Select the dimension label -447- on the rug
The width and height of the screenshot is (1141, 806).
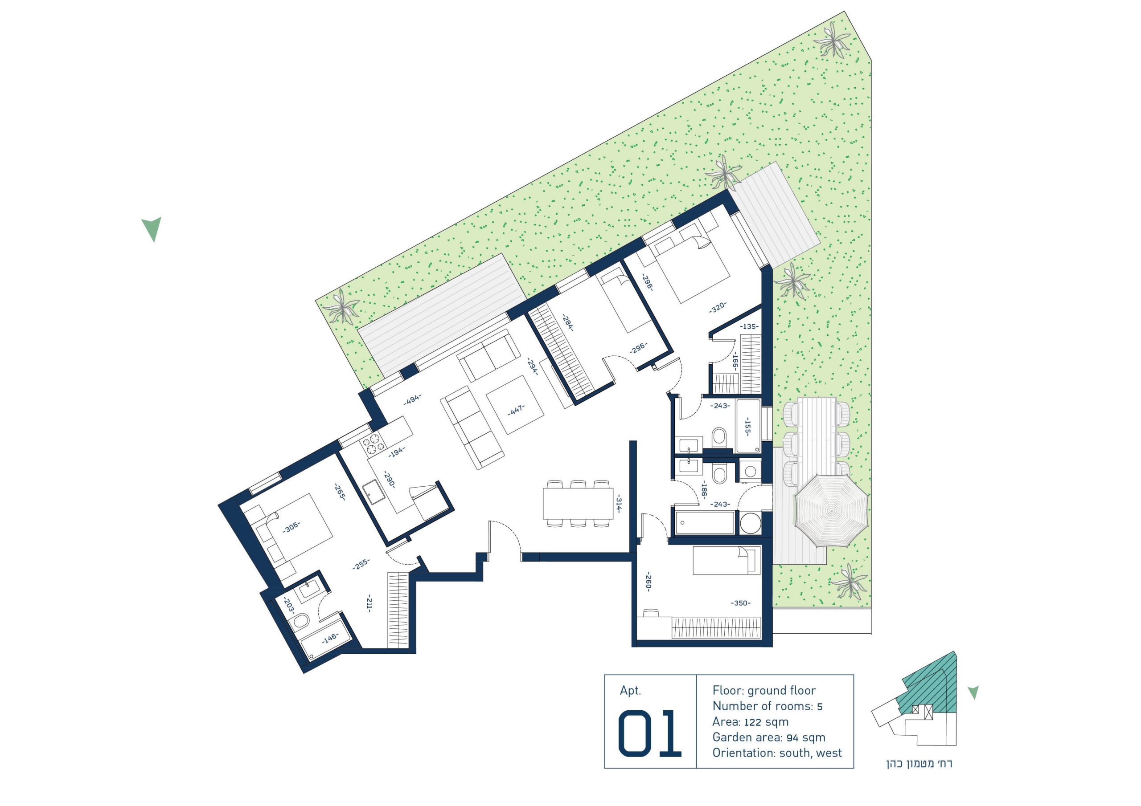click(x=516, y=410)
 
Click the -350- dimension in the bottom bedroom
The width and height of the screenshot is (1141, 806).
click(x=740, y=603)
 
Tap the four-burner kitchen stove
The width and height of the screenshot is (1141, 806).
click(x=373, y=444)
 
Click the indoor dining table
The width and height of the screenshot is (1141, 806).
click(x=578, y=504)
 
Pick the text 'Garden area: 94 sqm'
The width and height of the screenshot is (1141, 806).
click(x=769, y=737)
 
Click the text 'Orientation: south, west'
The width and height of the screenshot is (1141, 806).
click(x=777, y=753)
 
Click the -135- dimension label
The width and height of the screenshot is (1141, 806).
click(x=749, y=326)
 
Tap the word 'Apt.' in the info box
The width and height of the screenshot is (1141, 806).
click(x=631, y=691)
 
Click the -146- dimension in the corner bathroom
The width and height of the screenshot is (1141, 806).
click(x=330, y=638)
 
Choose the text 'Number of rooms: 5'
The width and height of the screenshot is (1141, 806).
click(x=768, y=706)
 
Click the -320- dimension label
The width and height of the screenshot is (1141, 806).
click(x=718, y=307)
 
